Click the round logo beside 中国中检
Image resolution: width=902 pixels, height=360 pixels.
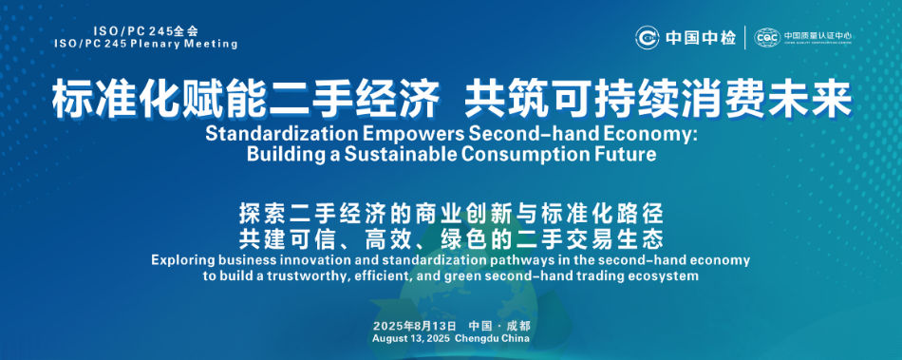coord(648,38)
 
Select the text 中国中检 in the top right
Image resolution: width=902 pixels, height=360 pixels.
coord(701,38)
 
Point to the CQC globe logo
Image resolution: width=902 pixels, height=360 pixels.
coord(768,37)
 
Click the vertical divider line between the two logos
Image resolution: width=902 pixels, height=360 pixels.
coord(745,37)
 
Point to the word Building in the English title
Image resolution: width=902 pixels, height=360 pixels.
coord(284,155)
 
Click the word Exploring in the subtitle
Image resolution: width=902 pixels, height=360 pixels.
coord(180,260)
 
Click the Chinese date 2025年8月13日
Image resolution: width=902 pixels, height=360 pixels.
coord(414,326)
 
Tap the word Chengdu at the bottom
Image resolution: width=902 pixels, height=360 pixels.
coord(477,339)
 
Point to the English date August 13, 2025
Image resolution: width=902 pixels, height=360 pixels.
coord(411,339)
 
